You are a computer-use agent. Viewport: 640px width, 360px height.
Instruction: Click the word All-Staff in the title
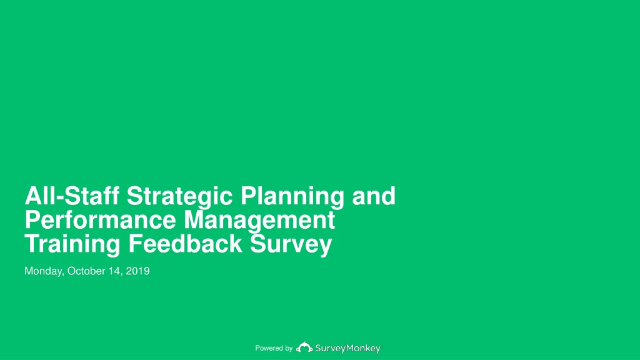tap(72, 196)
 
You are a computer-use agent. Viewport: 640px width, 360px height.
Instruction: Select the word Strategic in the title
tap(179, 197)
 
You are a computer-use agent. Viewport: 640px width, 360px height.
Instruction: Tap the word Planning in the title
tap(292, 197)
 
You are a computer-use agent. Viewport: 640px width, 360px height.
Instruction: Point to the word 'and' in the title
tap(374, 196)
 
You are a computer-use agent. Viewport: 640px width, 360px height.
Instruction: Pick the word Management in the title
tap(259, 222)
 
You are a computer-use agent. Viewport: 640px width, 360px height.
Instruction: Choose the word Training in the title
tap(72, 246)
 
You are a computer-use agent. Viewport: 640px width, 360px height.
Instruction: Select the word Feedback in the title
tap(185, 244)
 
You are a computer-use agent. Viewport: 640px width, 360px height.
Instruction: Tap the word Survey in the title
tap(291, 246)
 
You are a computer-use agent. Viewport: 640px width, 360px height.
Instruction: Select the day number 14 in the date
tap(116, 271)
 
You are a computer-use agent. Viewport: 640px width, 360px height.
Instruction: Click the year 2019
tap(137, 271)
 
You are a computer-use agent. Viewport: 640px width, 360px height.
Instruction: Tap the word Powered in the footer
tap(268, 348)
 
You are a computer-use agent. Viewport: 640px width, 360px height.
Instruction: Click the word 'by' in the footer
tap(288, 349)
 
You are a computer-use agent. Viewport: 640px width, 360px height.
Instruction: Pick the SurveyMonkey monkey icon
tap(304, 347)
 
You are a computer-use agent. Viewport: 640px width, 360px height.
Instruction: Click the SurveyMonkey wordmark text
tap(347, 349)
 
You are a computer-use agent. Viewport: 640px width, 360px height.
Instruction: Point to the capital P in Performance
tap(32, 219)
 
